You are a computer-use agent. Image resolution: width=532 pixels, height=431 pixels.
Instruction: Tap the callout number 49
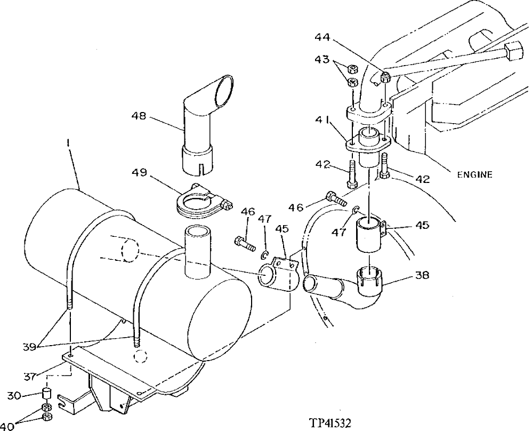point(140,173)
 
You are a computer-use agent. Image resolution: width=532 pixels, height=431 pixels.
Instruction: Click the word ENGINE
point(474,174)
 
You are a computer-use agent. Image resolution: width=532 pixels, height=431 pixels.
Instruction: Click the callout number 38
point(421,276)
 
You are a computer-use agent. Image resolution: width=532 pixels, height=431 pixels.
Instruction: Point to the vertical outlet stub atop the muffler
point(198,251)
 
